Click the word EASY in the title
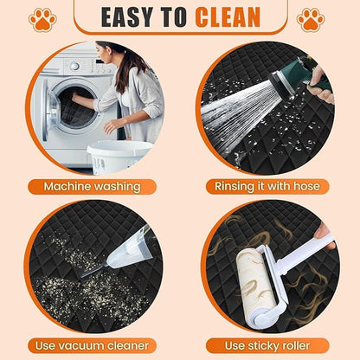127,17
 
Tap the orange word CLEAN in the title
228,17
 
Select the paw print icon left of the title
42,20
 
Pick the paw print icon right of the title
311,20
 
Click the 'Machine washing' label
92,187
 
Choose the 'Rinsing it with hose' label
267,187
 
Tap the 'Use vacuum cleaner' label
92,345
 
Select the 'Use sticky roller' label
267,345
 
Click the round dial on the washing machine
74,66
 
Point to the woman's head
107,53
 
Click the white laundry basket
119,157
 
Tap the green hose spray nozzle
297,75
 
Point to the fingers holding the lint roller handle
325,235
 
